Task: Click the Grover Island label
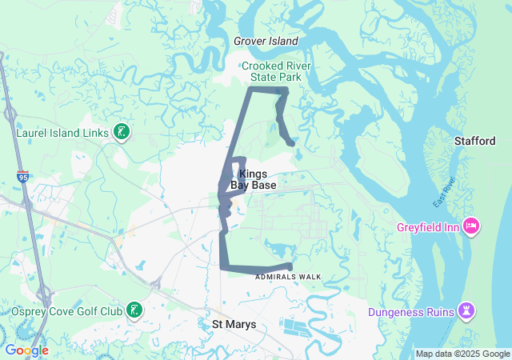click(x=266, y=41)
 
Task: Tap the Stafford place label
click(x=475, y=141)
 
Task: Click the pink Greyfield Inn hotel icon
click(x=471, y=226)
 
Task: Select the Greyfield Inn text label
click(x=428, y=226)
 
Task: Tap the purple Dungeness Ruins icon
click(x=466, y=310)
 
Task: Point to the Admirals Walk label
click(x=288, y=277)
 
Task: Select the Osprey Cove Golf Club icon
click(x=135, y=310)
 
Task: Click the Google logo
click(x=26, y=350)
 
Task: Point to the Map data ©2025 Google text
click(x=462, y=354)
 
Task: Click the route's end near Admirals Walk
click(x=290, y=267)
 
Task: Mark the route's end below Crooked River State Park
click(x=293, y=144)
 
